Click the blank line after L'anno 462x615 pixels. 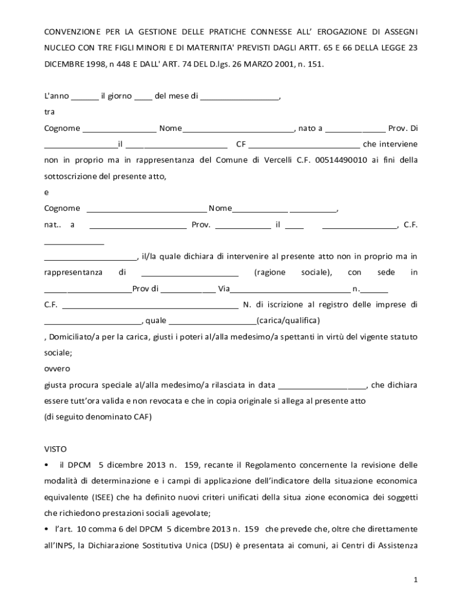point(85,97)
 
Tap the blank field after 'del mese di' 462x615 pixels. point(239,97)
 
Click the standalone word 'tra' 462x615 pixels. point(49,112)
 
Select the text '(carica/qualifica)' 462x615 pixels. point(288,320)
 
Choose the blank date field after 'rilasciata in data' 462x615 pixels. point(322,385)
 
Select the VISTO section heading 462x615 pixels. point(55,449)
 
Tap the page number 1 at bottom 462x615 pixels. point(415,580)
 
